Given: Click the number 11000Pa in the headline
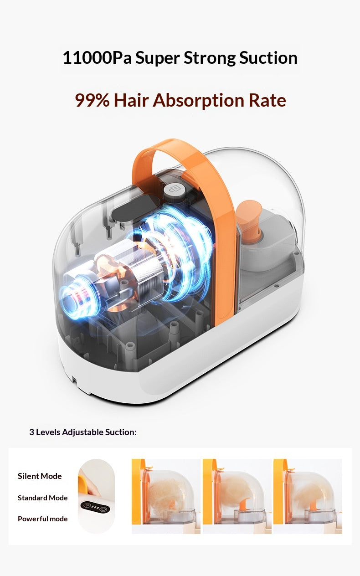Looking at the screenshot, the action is click(98, 57).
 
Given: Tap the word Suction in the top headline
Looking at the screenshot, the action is click(268, 57).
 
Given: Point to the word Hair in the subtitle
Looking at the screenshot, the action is click(131, 100).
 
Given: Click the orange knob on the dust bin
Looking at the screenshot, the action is click(249, 218).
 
